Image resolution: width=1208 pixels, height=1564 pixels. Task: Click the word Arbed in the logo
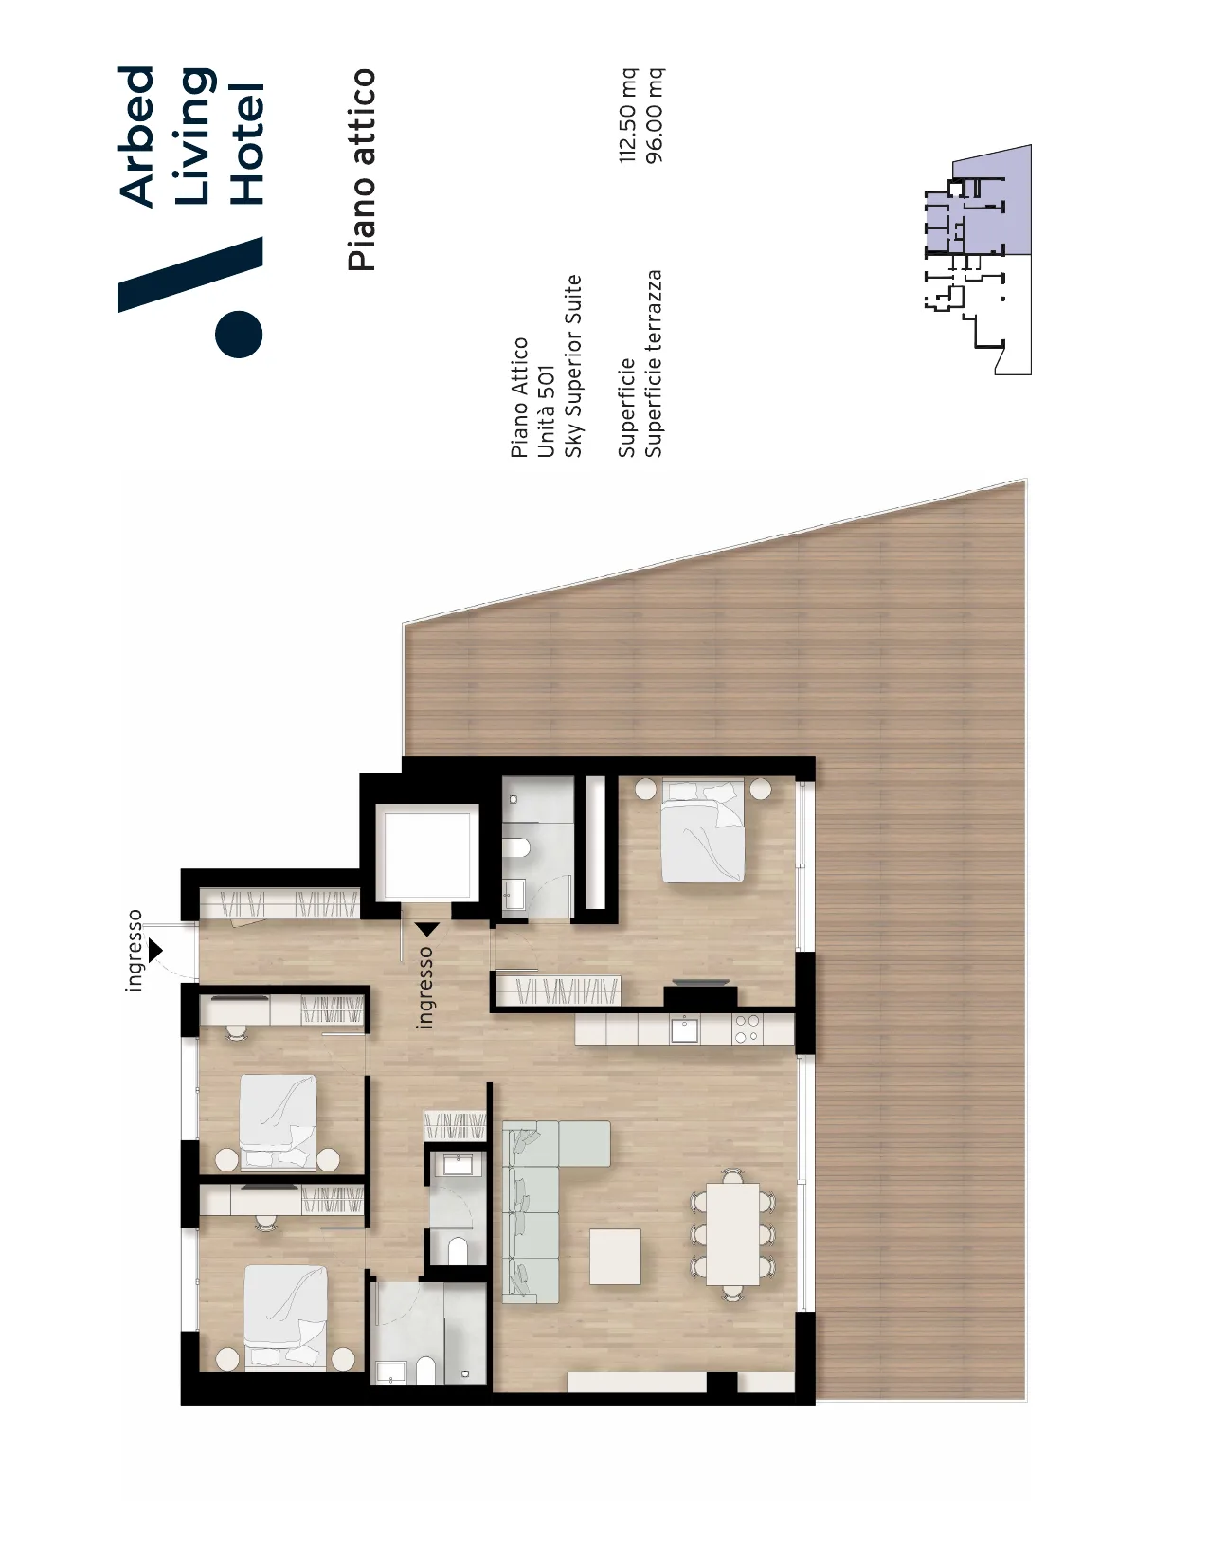[x=136, y=136]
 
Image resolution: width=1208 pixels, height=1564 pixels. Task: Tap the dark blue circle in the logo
[x=239, y=334]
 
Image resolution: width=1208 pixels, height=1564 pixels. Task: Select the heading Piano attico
[x=362, y=170]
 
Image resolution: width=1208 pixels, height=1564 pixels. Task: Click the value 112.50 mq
[x=628, y=115]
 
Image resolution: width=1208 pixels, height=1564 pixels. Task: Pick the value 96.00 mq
[x=655, y=115]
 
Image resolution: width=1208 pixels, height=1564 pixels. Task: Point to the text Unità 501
[x=546, y=411]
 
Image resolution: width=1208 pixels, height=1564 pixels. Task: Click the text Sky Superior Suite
[x=572, y=366]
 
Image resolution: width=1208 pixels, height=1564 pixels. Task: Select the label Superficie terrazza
[x=654, y=364]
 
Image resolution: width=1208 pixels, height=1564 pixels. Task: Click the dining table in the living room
[x=732, y=1234]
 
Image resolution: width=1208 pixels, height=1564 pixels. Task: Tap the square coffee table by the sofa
[x=615, y=1256]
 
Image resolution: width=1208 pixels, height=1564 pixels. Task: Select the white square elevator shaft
[x=431, y=852]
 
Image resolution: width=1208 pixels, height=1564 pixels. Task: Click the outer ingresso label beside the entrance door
[x=134, y=950]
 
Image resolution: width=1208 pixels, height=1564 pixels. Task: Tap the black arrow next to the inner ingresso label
[x=428, y=930]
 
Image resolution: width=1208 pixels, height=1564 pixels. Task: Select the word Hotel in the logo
[x=248, y=144]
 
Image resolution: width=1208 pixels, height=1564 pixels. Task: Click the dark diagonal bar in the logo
[x=190, y=275]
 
